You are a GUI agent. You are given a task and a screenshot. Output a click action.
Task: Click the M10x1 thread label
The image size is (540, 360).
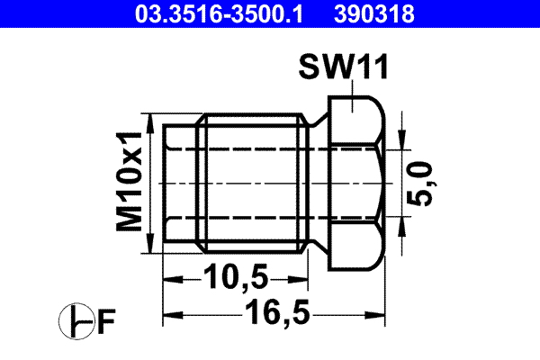point(132,180)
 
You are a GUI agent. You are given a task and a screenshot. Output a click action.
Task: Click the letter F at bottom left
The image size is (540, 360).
point(107,319)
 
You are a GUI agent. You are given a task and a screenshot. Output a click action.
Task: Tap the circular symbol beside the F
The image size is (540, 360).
point(75,320)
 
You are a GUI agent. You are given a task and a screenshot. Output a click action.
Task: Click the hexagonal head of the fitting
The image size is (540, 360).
point(355,184)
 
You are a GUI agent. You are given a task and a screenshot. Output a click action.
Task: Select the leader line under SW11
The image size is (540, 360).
point(355,90)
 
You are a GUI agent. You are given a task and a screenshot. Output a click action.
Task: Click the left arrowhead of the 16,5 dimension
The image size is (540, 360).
point(171,314)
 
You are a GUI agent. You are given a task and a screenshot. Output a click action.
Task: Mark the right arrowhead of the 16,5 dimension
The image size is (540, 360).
point(382,314)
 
